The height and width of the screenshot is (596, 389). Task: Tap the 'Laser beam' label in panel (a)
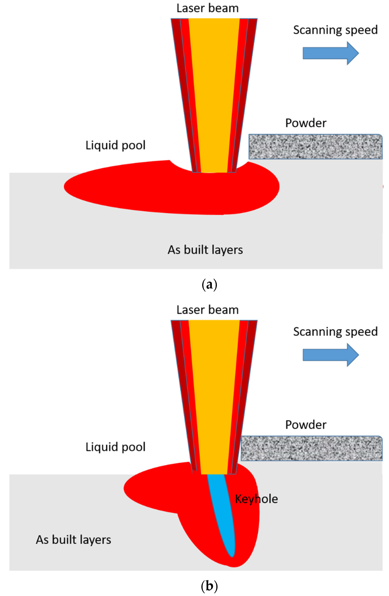(207, 8)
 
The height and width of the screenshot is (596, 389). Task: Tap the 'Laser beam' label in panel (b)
(207, 310)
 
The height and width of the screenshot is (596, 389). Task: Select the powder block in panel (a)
(315, 147)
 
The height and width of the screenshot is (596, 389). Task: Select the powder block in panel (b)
(311, 448)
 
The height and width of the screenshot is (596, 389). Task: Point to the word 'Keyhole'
(256, 499)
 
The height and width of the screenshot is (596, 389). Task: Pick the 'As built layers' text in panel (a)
(205, 250)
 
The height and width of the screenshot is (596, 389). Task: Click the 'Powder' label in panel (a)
(306, 123)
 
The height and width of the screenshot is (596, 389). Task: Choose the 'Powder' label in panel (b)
(306, 425)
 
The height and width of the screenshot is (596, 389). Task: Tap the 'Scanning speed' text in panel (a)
(335, 30)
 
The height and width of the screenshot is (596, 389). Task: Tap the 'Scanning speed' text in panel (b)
(335, 332)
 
